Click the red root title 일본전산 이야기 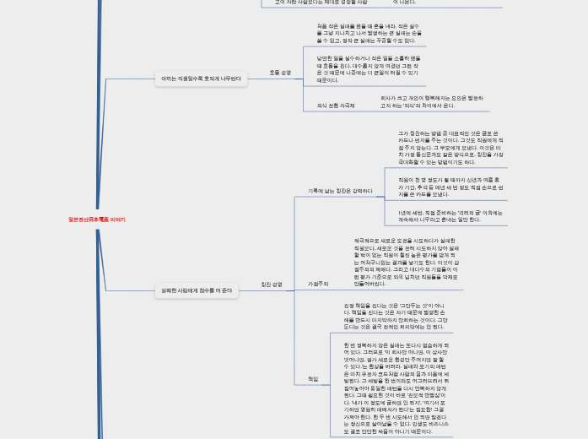(96, 219)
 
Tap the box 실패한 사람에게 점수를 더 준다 (197, 290)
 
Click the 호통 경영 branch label (279, 73)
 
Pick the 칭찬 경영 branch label (272, 285)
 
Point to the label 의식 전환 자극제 (336, 106)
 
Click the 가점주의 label (318, 284)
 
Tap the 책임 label (313, 379)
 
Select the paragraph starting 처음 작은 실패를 (365, 33)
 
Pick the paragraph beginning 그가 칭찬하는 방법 (450, 148)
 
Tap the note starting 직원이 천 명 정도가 (450, 187)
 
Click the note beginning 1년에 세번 (449, 216)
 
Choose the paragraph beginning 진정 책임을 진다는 (395, 316)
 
